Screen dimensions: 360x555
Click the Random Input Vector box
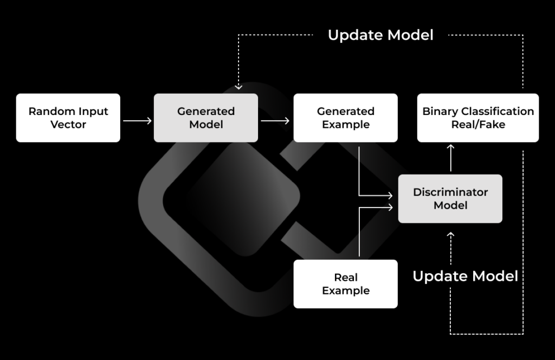pos(68,118)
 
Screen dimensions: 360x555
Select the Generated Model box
pos(206,118)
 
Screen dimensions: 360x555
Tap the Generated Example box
pos(346,118)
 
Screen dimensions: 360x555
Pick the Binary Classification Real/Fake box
pos(478,118)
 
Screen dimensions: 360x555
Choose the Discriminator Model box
pos(450,198)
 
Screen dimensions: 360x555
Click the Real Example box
pos(346,284)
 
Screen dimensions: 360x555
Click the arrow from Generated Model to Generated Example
pos(275,120)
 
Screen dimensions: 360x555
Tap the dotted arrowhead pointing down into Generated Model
pos(237,86)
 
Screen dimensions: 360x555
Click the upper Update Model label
pos(380,35)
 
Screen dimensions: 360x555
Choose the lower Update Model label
pos(465,275)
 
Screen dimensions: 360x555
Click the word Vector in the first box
pos(68,125)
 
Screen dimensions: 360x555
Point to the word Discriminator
pos(450,192)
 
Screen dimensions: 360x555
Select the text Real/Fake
pos(478,125)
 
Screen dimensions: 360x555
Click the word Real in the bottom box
pos(346,277)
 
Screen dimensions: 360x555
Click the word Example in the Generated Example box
pos(346,125)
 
